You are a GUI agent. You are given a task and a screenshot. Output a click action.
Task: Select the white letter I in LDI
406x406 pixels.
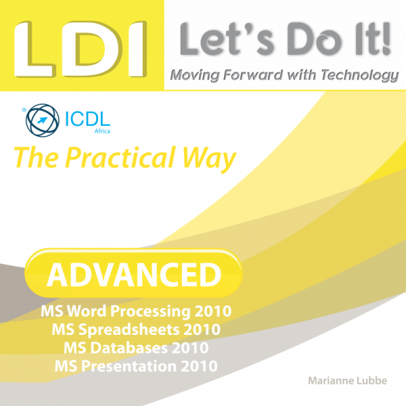138,49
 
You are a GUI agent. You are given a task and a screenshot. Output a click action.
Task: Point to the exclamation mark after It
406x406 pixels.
386,39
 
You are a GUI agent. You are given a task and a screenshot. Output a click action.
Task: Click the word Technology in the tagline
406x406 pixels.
360,76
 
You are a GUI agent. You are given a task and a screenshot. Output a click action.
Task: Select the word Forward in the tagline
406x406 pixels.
252,75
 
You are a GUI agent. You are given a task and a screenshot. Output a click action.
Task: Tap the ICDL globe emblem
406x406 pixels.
43,120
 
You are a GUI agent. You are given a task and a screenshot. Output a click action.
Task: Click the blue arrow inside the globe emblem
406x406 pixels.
43,120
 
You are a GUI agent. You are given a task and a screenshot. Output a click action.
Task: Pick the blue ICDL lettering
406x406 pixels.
87,119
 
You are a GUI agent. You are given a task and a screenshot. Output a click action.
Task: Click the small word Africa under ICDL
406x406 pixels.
102,131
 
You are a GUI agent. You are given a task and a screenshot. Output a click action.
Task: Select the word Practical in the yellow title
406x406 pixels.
120,158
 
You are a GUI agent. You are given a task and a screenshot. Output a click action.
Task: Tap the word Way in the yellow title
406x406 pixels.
209,158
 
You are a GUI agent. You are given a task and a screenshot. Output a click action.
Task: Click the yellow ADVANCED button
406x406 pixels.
133,273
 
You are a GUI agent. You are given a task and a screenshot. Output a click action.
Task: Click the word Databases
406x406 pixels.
129,348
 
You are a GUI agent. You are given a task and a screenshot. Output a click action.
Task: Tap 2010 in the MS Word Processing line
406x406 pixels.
213,311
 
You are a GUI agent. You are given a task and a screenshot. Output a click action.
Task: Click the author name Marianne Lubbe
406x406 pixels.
348,380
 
